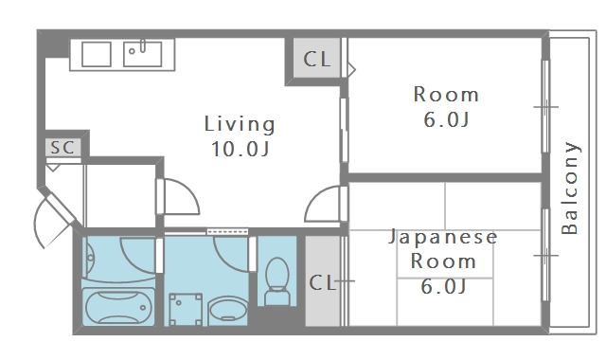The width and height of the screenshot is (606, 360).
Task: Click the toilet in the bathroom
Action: pyautogui.click(x=277, y=281)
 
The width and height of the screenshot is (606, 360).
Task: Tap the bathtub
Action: pyautogui.click(x=118, y=307)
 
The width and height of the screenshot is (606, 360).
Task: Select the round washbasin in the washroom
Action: pyautogui.click(x=228, y=310)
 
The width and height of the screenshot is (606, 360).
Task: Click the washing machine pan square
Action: pyautogui.click(x=186, y=310)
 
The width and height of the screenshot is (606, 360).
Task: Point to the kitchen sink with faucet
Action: pyautogui.click(x=142, y=54)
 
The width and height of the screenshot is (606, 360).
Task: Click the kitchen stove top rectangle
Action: pyautogui.click(x=97, y=54)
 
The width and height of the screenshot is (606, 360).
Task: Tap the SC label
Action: pyautogui.click(x=62, y=148)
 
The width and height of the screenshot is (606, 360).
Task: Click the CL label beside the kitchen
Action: pyautogui.click(x=317, y=59)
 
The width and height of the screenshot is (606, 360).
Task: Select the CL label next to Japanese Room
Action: pyautogui.click(x=322, y=282)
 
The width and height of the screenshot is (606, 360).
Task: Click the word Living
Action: pyautogui.click(x=240, y=124)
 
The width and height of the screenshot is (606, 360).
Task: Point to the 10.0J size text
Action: pyautogui.click(x=240, y=149)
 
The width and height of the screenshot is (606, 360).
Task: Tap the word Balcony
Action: pyautogui.click(x=570, y=188)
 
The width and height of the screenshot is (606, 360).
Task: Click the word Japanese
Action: pyautogui.click(x=443, y=237)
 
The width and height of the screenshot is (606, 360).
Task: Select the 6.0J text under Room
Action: pyautogui.click(x=446, y=119)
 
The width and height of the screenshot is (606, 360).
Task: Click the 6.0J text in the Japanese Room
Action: pyautogui.click(x=443, y=286)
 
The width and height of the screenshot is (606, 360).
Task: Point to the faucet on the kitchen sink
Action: pyautogui.click(x=143, y=45)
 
